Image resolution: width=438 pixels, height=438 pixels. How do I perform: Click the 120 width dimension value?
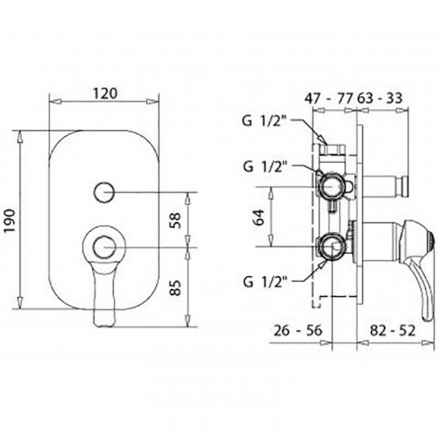[105, 93]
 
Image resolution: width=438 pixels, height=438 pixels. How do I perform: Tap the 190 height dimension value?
[11, 220]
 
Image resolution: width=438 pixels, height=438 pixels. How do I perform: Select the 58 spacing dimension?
[175, 220]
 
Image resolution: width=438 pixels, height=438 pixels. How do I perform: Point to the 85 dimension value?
[175, 288]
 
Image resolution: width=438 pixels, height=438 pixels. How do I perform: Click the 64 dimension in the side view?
[259, 217]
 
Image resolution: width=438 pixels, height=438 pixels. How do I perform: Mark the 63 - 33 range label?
[379, 98]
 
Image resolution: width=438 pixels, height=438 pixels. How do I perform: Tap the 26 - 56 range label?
[298, 330]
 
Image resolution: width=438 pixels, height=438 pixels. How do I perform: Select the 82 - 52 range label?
[392, 330]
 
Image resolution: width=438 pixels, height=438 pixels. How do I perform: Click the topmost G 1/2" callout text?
[264, 121]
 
